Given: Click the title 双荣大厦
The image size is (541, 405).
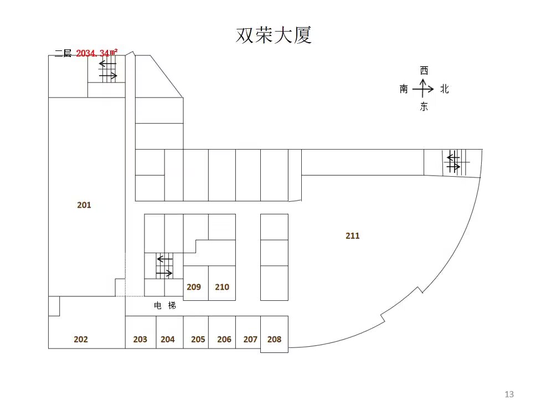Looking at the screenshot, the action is [x=274, y=35].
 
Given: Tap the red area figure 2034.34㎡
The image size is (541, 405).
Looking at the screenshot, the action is [x=96, y=53].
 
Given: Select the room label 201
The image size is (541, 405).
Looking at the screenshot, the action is [x=84, y=205].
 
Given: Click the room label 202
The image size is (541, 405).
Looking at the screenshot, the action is [x=81, y=340].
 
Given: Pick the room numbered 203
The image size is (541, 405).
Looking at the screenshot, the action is [x=140, y=340].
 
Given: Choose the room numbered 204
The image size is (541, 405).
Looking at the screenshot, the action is [x=168, y=340].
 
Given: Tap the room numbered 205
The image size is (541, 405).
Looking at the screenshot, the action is [x=198, y=340].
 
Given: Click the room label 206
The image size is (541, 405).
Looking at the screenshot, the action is [x=224, y=340].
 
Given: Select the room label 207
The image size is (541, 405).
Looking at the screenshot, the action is [x=250, y=340].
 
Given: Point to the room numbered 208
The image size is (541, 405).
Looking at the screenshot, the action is [x=274, y=340].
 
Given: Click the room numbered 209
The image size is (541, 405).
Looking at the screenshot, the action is [x=194, y=287].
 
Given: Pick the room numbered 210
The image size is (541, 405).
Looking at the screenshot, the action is [x=222, y=287].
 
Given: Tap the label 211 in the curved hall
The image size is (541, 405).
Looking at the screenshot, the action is [x=353, y=236].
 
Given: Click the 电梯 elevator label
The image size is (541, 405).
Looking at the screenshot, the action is [x=165, y=305].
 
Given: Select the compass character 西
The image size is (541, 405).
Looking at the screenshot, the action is [x=424, y=71].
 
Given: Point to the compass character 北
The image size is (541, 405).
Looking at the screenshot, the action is [x=445, y=89].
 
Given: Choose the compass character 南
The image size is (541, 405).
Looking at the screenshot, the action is [x=404, y=89].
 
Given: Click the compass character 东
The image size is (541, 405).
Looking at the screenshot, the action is [x=424, y=106].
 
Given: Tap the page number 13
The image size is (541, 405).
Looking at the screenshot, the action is [x=509, y=394].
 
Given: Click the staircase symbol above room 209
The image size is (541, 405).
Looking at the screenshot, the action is [x=164, y=266].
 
